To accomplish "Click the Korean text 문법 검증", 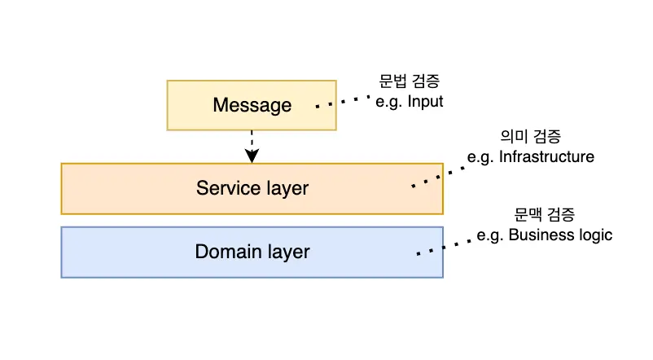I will [410, 81].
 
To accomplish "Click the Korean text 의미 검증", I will [530, 136].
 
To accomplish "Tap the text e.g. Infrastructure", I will [530, 156].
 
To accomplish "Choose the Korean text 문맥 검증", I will [545, 215].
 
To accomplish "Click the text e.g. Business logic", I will [545, 235].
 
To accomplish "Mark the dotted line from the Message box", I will [344, 103].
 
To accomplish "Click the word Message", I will [252, 105].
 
